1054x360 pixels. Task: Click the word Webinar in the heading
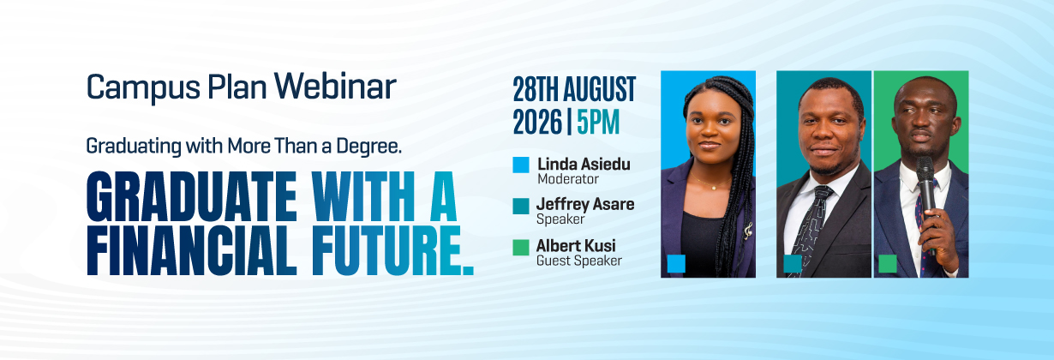tap(335, 87)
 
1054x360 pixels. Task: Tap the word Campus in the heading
tap(143, 89)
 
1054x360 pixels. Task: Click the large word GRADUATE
tap(191, 196)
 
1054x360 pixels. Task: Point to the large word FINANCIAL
tap(192, 250)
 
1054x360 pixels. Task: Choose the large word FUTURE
tap(392, 250)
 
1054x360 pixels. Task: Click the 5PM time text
tap(598, 122)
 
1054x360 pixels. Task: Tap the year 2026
tap(537, 122)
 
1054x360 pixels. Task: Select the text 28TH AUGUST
tap(574, 89)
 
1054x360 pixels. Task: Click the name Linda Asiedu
tap(584, 165)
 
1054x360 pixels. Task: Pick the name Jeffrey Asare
tap(585, 204)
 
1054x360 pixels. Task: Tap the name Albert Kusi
tap(576, 246)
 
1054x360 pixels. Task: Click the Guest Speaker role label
tap(579, 261)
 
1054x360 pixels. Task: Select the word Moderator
tap(568, 179)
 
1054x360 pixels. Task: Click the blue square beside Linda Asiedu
tap(521, 165)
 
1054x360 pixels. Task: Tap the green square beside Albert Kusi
tap(521, 248)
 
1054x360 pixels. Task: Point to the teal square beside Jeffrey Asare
tap(521, 206)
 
